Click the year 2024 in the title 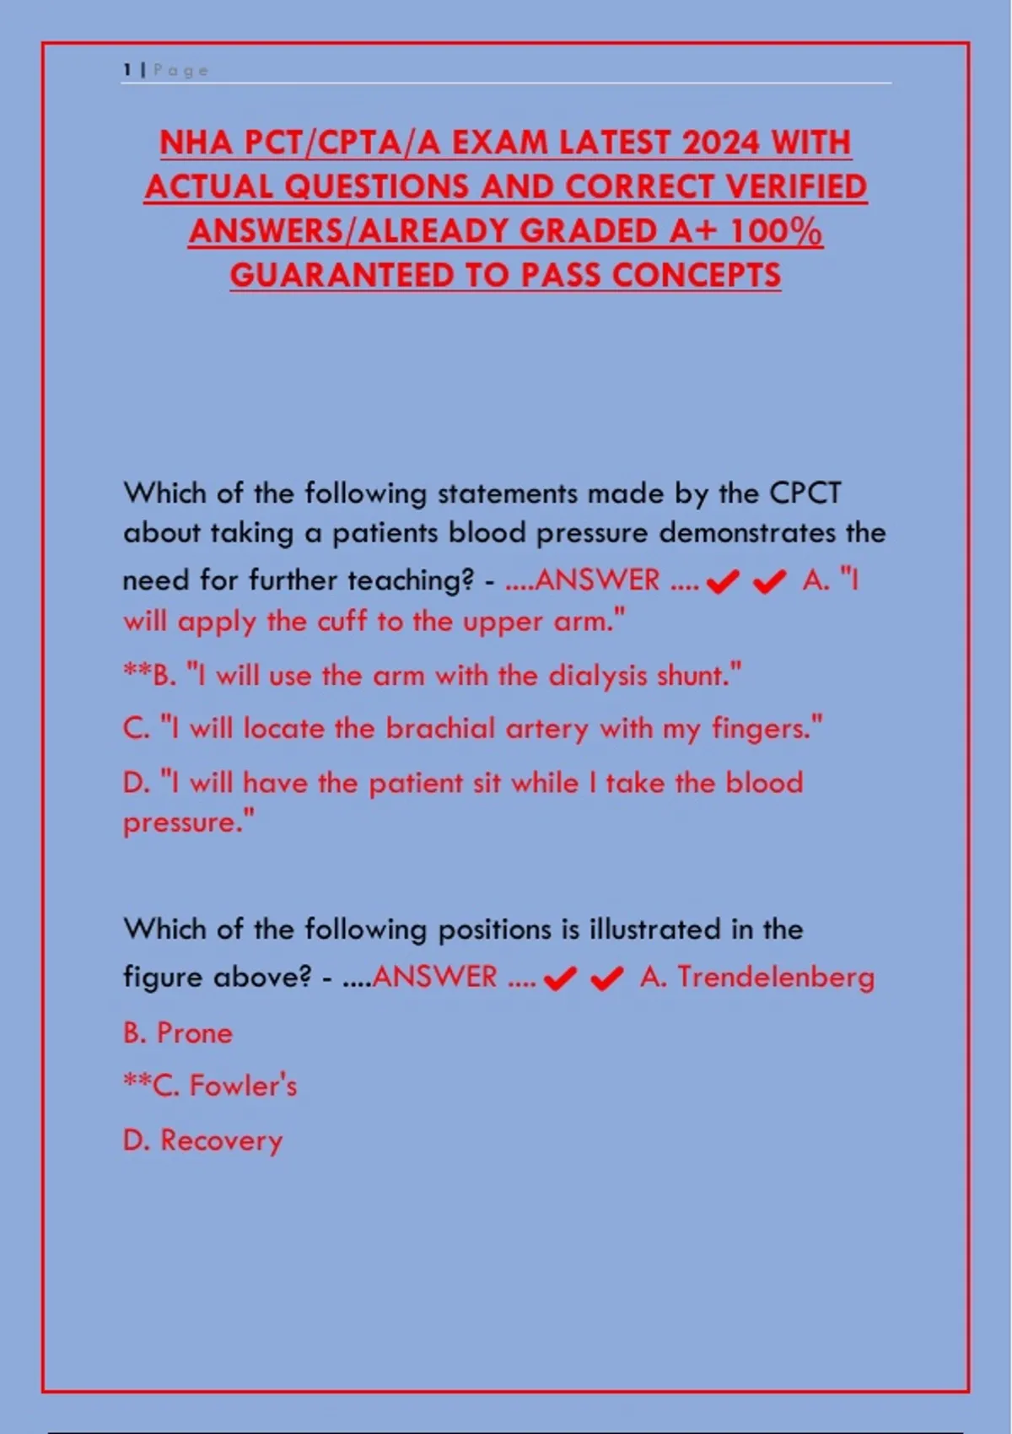721,143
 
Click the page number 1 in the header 126,70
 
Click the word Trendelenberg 776,977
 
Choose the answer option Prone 194,1032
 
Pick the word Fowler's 243,1086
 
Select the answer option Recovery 221,1140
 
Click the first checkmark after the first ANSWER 723,582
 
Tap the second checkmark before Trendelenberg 606,978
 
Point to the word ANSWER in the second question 434,977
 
